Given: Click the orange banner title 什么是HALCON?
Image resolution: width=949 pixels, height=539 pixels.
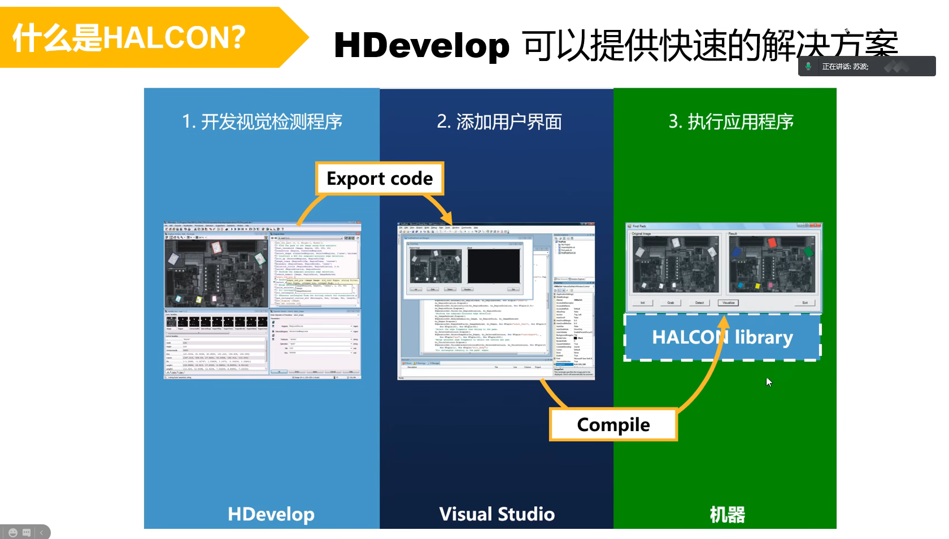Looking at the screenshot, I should pyautogui.click(x=129, y=37).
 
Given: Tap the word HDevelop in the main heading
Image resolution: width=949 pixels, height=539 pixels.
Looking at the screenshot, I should pyautogui.click(x=421, y=45).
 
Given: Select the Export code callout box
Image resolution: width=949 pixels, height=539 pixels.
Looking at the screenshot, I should pyautogui.click(x=380, y=179).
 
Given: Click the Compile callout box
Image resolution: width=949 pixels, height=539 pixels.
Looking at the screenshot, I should pyautogui.click(x=613, y=425).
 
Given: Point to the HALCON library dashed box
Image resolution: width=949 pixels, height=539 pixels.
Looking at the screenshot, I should pyautogui.click(x=722, y=337).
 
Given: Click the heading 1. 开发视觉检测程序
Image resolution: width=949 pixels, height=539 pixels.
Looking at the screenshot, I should pyautogui.click(x=262, y=121).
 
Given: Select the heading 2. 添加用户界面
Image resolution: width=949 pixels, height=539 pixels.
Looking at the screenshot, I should pyautogui.click(x=499, y=121).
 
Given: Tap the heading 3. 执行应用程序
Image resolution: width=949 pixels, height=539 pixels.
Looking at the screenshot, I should pyautogui.click(x=731, y=121).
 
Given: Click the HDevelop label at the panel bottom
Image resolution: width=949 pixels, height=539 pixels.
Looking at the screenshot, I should pyautogui.click(x=271, y=514).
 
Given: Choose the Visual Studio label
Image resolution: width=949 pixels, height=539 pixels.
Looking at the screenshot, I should pyautogui.click(x=497, y=514).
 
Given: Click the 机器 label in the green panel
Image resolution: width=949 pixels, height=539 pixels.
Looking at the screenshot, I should pyautogui.click(x=727, y=515).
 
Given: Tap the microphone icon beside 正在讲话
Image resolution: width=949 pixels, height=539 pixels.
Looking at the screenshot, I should pyautogui.click(x=808, y=67).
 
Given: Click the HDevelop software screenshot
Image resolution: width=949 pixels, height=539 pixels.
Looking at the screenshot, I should pyautogui.click(x=263, y=300).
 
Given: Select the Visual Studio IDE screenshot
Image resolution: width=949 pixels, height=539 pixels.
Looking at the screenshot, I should pyautogui.click(x=496, y=301).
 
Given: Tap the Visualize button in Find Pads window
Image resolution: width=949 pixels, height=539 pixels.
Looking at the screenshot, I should pyautogui.click(x=728, y=303).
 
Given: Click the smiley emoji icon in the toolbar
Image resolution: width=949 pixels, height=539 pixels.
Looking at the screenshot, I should pyautogui.click(x=13, y=532).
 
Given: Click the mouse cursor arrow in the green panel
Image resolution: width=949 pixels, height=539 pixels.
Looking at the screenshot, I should pyautogui.click(x=769, y=382).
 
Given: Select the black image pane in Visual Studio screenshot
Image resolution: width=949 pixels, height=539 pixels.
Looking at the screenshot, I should pyautogui.click(x=493, y=266).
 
